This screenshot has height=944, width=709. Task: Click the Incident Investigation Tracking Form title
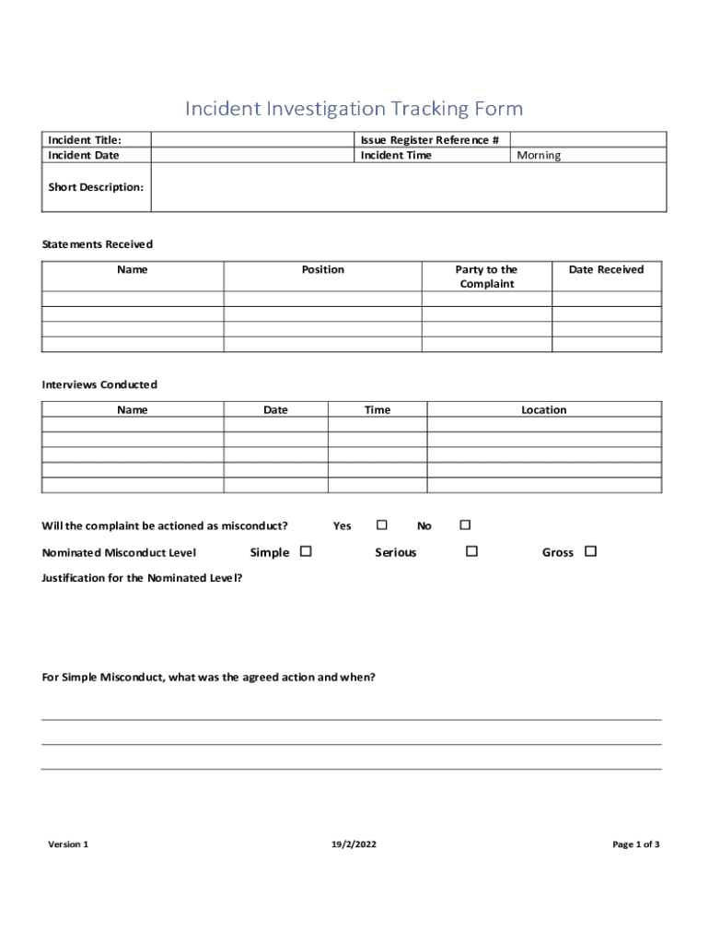[x=354, y=109]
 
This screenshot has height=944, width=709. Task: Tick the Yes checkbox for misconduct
[x=381, y=525]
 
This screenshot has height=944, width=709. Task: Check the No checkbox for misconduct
[x=465, y=525]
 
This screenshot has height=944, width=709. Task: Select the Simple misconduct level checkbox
[x=306, y=552]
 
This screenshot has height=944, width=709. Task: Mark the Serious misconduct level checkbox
[x=471, y=552]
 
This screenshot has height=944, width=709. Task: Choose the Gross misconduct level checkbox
[x=590, y=552]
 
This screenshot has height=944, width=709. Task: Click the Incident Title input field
[x=251, y=140]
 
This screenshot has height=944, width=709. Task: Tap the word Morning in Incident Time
[x=539, y=156]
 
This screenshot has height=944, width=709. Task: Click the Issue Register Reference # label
[x=429, y=140]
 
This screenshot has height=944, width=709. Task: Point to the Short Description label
[x=96, y=187]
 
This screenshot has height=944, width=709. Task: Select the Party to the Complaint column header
[x=486, y=277]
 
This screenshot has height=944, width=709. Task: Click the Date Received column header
[x=606, y=270]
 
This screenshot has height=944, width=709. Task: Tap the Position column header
[x=322, y=270]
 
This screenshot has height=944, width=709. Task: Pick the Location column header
[x=543, y=410]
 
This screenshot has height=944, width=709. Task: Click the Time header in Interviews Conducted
[x=377, y=410]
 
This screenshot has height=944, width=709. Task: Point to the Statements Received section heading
[x=98, y=244]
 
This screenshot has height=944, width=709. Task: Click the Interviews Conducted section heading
[x=99, y=384]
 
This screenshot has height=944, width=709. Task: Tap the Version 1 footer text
[x=68, y=844]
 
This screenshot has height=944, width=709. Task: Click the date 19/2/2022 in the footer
[x=354, y=844]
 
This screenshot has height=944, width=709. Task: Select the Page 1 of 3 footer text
[x=635, y=844]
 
